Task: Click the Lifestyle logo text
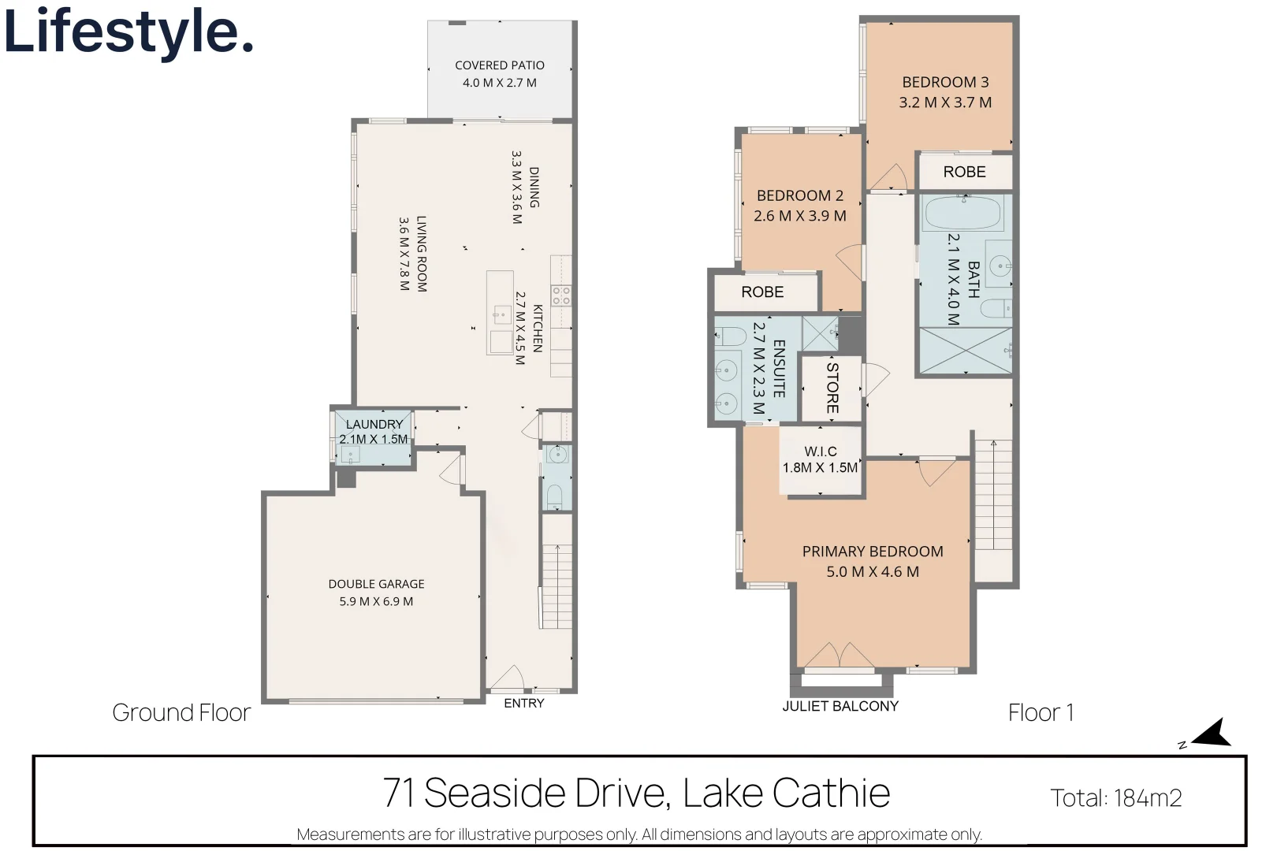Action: coord(128,32)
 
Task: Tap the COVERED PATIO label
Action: coord(500,65)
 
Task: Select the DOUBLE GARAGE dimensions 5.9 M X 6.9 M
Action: coord(376,601)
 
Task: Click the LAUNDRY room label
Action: coord(374,424)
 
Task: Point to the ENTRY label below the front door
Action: coord(524,704)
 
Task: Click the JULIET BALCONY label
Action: coord(840,706)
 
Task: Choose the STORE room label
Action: coord(832,388)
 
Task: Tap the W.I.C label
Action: coord(821,452)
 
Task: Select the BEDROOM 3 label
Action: coord(945,82)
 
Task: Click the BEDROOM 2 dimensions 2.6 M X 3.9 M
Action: coord(800,216)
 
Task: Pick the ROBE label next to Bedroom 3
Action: coord(964,172)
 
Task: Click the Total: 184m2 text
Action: coord(1115,798)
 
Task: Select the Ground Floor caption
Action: coord(181,712)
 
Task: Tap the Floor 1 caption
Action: coord(1041,712)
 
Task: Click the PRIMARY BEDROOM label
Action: coord(873,552)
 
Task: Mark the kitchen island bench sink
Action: coord(502,314)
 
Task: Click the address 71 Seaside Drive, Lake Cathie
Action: coord(636,792)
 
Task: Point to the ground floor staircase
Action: coord(557,586)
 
